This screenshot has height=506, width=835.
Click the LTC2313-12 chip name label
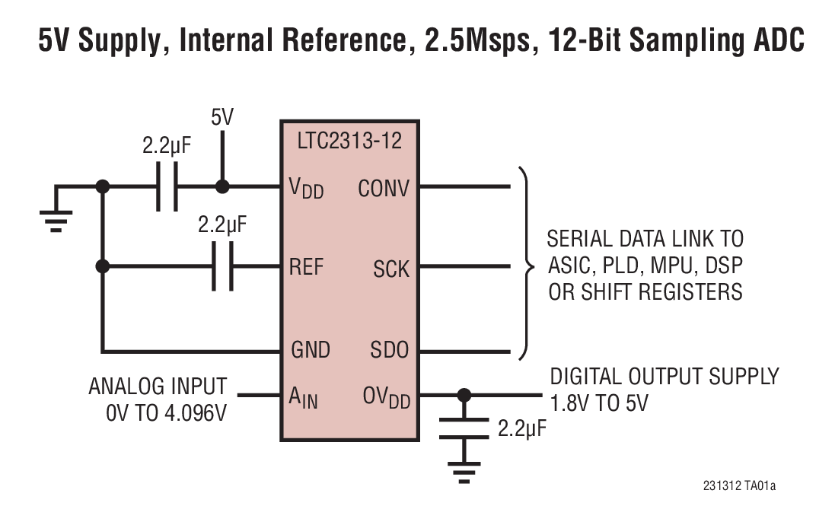[349, 141]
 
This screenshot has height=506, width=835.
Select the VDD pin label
[307, 188]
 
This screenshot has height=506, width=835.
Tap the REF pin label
[307, 267]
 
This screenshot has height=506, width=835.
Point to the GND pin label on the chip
[311, 350]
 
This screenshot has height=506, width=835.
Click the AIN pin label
[304, 396]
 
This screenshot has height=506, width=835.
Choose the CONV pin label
[384, 188]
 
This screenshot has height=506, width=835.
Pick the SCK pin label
[391, 268]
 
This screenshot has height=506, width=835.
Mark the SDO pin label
[390, 350]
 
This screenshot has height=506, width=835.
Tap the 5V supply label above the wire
[222, 118]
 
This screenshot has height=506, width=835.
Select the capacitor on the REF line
[222, 267]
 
